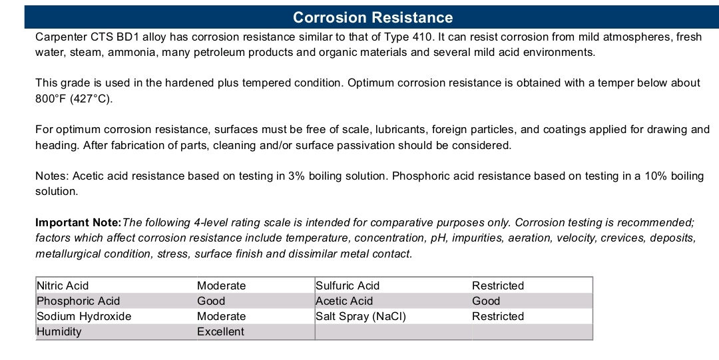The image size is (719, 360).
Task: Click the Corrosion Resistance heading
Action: [373, 17]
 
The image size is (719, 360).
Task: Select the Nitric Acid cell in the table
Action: [63, 285]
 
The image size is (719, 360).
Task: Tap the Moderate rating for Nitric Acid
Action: [222, 285]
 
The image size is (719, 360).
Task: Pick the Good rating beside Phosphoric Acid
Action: [211, 301]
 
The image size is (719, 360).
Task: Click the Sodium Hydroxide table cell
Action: [84, 317]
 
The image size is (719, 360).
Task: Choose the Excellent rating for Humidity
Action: [220, 331]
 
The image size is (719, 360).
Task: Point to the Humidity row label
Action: [59, 331]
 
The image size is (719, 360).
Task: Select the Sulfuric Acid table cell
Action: [348, 285]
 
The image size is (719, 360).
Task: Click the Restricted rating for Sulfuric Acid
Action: [498, 285]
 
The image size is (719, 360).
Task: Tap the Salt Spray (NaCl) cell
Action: [361, 317]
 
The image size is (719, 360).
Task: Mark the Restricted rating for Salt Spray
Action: [498, 317]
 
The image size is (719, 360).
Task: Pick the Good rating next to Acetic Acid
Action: [486, 301]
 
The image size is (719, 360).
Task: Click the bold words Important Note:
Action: [79, 222]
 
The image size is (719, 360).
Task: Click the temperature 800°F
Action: [51, 98]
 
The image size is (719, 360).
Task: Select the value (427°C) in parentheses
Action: [91, 98]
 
